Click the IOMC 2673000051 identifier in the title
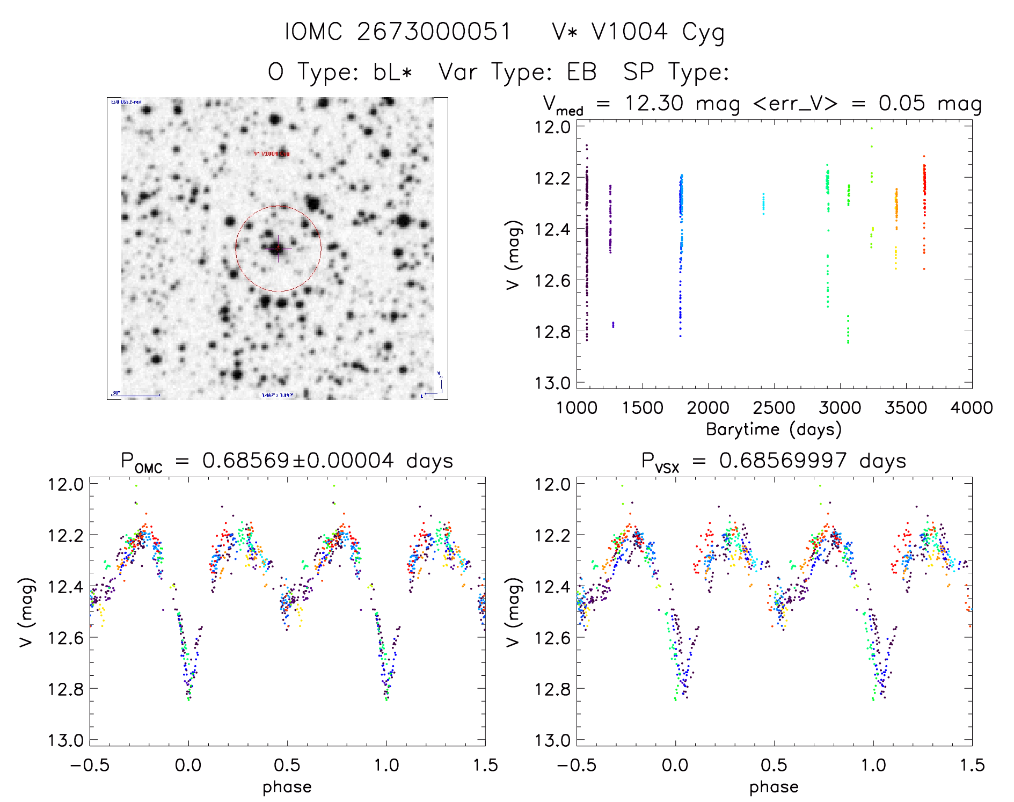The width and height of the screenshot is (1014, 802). [398, 32]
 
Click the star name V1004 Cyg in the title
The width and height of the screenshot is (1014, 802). [638, 32]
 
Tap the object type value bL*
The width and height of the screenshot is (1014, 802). [392, 71]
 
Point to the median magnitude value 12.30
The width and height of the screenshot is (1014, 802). [654, 103]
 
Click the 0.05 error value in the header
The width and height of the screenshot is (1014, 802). [901, 103]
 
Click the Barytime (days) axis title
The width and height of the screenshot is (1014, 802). [774, 429]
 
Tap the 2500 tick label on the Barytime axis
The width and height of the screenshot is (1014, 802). [774, 407]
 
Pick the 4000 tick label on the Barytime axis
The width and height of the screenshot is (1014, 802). [972, 407]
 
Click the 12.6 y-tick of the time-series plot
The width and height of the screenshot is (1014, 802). [552, 280]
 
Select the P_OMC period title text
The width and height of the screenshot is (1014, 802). [287, 461]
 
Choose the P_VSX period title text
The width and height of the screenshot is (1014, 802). [774, 461]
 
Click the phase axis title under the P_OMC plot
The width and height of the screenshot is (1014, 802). [287, 787]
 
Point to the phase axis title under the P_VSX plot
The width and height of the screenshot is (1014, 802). [774, 787]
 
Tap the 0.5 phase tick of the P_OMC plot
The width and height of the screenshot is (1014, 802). [287, 765]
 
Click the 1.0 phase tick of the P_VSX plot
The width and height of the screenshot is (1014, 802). [873, 765]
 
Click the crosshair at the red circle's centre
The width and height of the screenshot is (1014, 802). [278, 249]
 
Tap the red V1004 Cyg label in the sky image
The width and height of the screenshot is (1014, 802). [272, 154]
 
